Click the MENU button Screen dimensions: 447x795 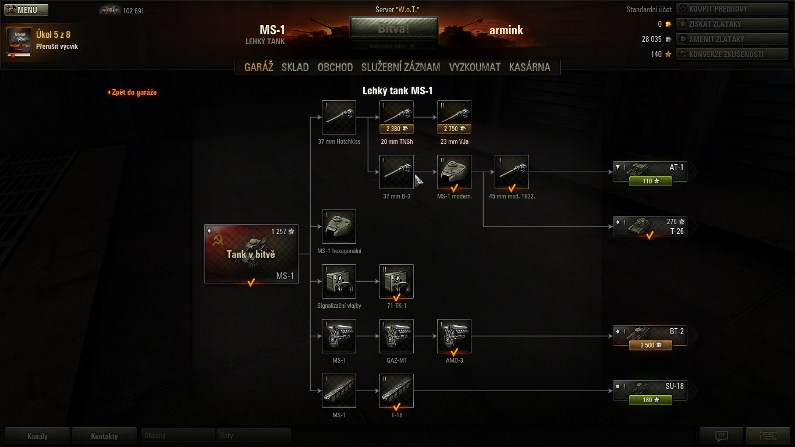click(26, 10)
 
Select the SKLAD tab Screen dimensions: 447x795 click(295, 67)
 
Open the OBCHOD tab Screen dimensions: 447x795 click(335, 67)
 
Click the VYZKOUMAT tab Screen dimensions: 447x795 click(474, 67)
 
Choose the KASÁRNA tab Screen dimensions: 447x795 click(529, 67)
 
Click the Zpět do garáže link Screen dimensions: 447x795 click(133, 92)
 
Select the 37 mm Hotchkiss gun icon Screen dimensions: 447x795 click(339, 117)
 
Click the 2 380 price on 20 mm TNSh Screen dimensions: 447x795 click(396, 129)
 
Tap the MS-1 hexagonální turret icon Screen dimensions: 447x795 click(339, 226)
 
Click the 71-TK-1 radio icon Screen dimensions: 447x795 click(396, 281)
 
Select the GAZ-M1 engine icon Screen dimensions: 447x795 click(396, 336)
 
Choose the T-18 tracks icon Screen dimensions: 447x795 click(396, 391)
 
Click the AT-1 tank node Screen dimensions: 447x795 click(650, 168)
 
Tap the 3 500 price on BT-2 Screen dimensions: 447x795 click(650, 345)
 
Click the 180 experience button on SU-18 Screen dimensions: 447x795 click(650, 400)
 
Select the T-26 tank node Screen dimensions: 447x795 click(650, 226)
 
